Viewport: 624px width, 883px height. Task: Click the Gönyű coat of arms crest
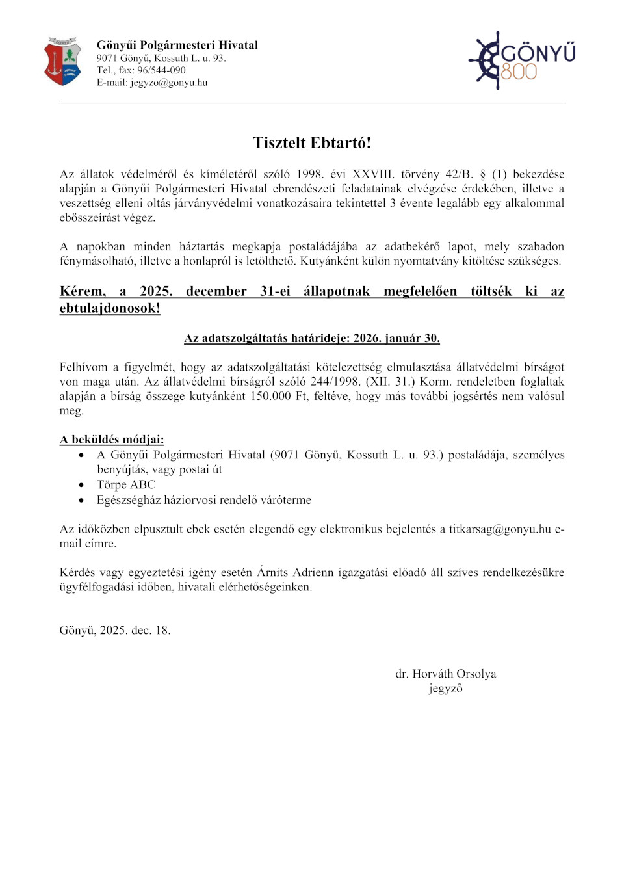coord(62,62)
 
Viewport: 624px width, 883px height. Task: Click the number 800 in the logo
coord(519,72)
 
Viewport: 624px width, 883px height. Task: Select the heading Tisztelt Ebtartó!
coord(312,143)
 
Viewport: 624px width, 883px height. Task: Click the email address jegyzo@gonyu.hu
coord(169,83)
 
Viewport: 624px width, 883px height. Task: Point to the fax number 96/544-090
coord(161,70)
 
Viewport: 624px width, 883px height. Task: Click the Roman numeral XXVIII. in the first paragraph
coord(373,174)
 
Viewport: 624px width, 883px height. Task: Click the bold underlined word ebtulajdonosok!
coord(110,308)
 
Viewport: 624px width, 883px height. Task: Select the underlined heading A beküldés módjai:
coord(112,440)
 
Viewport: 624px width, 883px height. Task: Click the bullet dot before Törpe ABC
coord(81,485)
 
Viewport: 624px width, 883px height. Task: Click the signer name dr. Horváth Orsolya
coord(446,674)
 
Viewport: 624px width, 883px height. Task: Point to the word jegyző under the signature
coord(446,689)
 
